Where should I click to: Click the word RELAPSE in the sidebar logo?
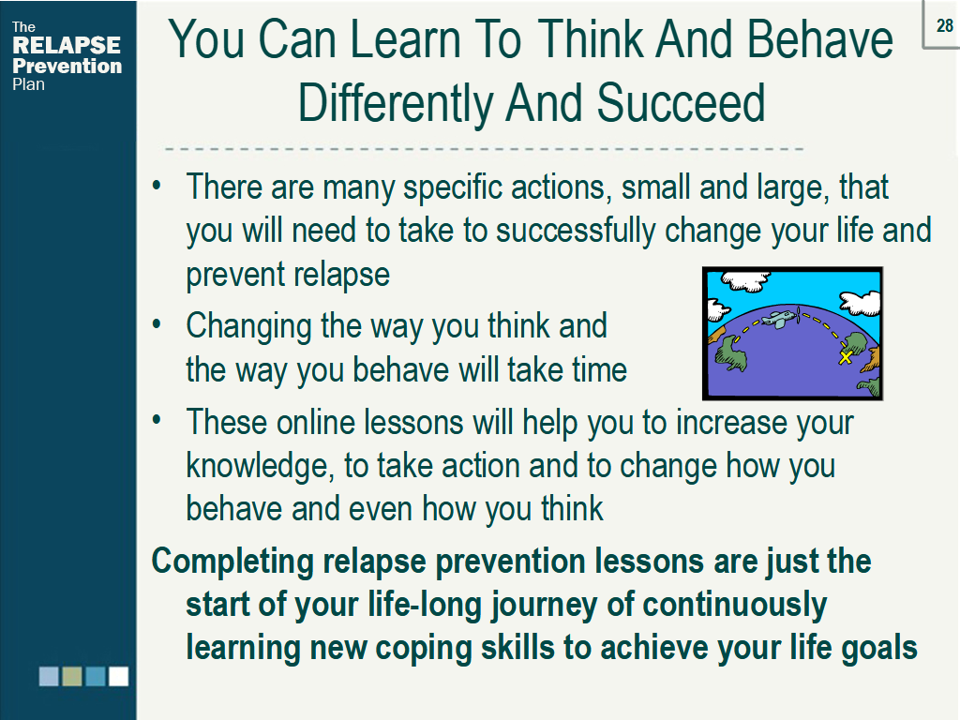coord(67,45)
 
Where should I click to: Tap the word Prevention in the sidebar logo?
coord(67,66)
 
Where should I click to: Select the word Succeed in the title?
coord(681,102)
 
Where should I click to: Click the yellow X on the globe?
coord(846,357)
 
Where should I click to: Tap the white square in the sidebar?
coord(119,677)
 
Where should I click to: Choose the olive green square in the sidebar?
coord(72,677)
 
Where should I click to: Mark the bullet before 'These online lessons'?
coord(157,420)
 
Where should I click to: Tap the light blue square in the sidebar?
coord(49,677)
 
